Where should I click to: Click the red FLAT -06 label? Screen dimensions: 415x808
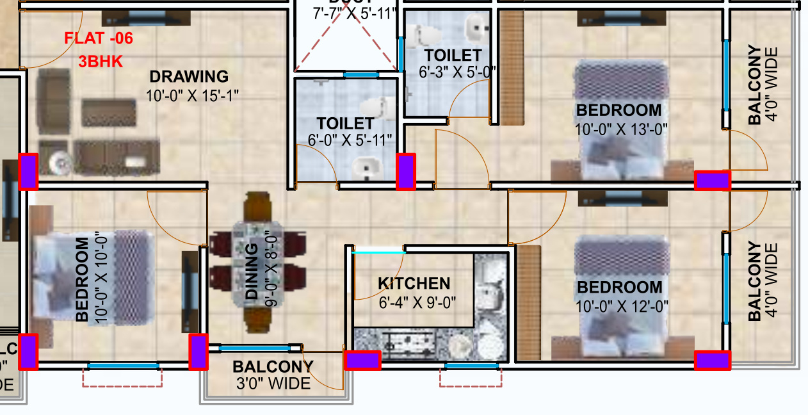click(99, 38)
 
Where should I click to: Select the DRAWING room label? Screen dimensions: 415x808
click(189, 77)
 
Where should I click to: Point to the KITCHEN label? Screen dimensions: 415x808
click(414, 284)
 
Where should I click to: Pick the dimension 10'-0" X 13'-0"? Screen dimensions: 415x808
click(621, 129)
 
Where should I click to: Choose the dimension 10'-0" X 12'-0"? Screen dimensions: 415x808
click(621, 307)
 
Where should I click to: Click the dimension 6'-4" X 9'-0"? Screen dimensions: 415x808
click(416, 302)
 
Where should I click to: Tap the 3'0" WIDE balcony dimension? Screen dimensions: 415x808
click(273, 384)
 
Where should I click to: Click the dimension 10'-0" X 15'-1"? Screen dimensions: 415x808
click(193, 96)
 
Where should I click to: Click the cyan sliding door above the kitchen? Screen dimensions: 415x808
click(378, 252)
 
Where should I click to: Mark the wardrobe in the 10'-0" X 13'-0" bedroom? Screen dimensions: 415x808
click(511, 67)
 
